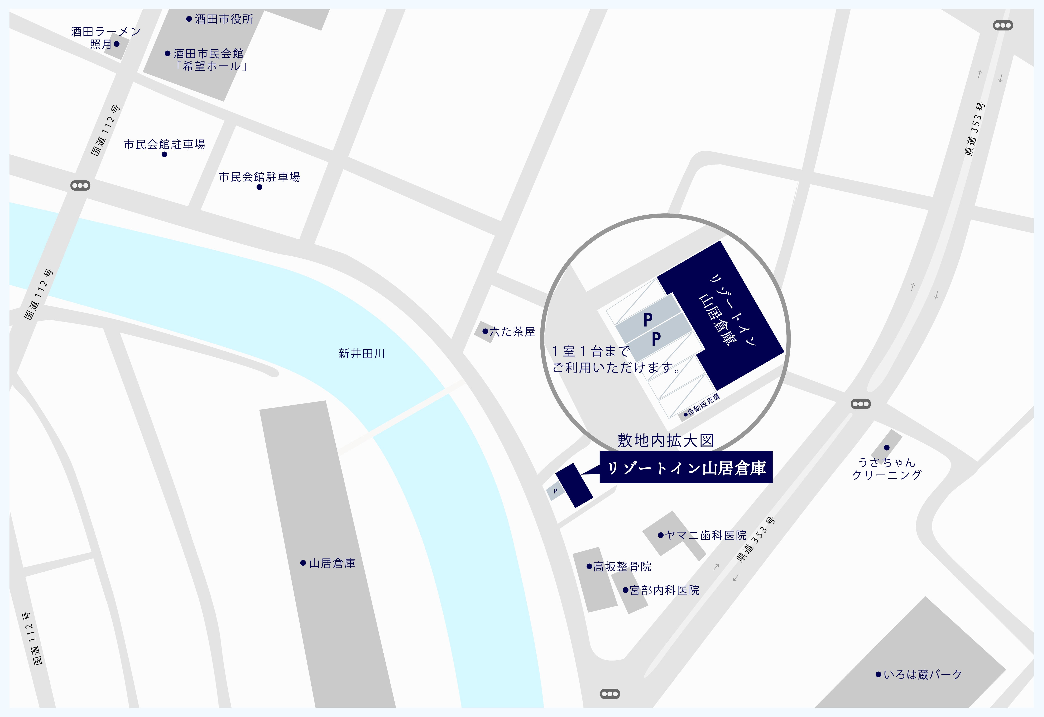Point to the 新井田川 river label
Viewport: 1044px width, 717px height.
pyautogui.click(x=362, y=354)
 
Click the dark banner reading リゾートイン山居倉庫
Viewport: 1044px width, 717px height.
pyautogui.click(x=686, y=468)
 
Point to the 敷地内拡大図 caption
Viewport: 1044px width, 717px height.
pyautogui.click(x=665, y=440)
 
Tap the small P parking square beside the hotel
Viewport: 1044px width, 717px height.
pyautogui.click(x=555, y=491)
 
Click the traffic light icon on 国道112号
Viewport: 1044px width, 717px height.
pyautogui.click(x=80, y=185)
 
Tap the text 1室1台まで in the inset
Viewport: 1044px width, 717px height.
pyautogui.click(x=591, y=351)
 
